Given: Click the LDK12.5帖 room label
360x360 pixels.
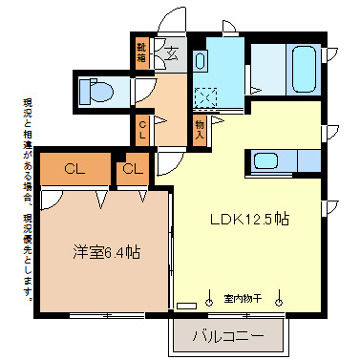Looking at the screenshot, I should (x=250, y=219).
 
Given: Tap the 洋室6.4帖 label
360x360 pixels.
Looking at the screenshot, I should (x=107, y=253).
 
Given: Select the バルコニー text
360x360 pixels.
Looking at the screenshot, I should (x=229, y=335).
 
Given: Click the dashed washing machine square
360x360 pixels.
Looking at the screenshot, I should (x=204, y=99).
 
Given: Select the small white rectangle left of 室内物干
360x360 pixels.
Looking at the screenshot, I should (x=186, y=306).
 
